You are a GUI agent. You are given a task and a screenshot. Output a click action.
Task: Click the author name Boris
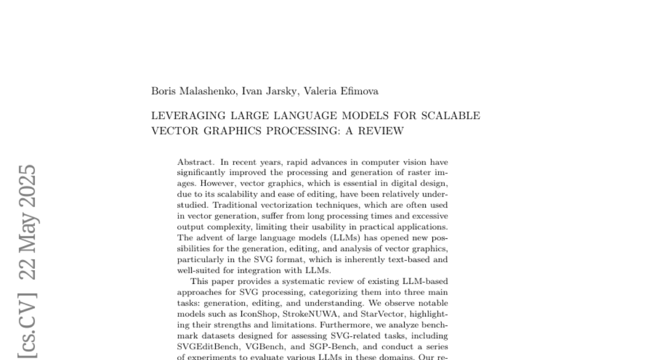pos(163,91)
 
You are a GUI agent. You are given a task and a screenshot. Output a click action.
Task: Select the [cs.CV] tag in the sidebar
pos(28,327)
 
